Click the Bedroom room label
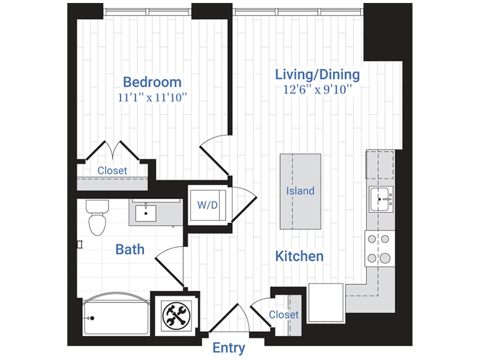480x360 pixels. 152,82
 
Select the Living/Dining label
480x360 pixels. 317,75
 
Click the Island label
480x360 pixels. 300,191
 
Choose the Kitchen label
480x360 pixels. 299,256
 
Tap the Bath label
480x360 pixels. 130,248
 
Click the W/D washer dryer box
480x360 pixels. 207,205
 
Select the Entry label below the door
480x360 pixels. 229,348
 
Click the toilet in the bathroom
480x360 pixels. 96,217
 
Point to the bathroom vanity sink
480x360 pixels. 145,213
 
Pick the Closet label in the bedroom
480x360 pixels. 112,170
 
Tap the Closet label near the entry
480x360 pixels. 283,314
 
